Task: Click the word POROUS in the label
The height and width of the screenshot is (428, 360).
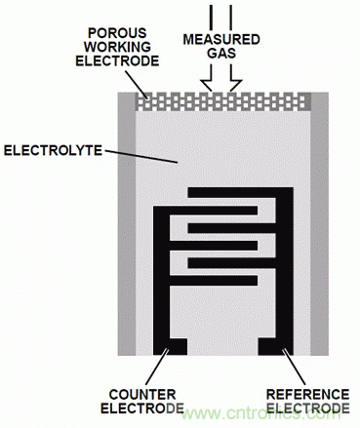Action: pyautogui.click(x=117, y=33)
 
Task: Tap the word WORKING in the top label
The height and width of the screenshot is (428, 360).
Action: pyautogui.click(x=117, y=47)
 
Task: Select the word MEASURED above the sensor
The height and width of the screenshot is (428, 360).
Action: pyautogui.click(x=221, y=40)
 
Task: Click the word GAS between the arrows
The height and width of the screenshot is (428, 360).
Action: pyautogui.click(x=221, y=54)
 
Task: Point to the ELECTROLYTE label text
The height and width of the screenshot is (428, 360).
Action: pyautogui.click(x=53, y=150)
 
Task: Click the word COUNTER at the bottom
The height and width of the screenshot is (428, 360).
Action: pyautogui.click(x=142, y=395)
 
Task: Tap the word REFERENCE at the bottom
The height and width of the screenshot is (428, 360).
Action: pyautogui.click(x=307, y=395)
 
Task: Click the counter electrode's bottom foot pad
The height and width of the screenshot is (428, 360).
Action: pyautogui.click(x=171, y=347)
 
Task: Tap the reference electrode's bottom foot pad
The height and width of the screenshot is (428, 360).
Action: pyautogui.click(x=275, y=347)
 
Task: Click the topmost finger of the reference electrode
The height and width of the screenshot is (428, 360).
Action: pyautogui.click(x=240, y=192)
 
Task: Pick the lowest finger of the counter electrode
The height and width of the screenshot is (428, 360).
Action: pyautogui.click(x=214, y=281)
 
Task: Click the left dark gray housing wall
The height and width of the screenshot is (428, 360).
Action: pyautogui.click(x=127, y=224)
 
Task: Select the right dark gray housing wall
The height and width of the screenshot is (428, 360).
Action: pyautogui.click(x=319, y=224)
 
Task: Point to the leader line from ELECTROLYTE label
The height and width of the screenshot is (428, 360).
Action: pyautogui.click(x=141, y=156)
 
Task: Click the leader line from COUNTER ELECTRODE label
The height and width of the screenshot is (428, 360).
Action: pyautogui.click(x=157, y=367)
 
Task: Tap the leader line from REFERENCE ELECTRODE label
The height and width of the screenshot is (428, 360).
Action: pyautogui.click(x=294, y=367)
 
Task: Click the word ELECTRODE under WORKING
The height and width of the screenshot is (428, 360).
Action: pyautogui.click(x=117, y=60)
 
